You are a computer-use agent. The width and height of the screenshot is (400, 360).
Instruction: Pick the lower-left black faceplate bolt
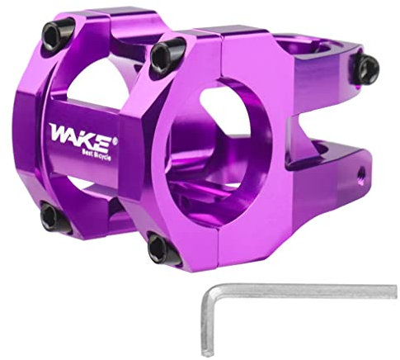pos(51,218)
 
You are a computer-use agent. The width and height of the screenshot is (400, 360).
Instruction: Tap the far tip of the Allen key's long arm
pos(393,290)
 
